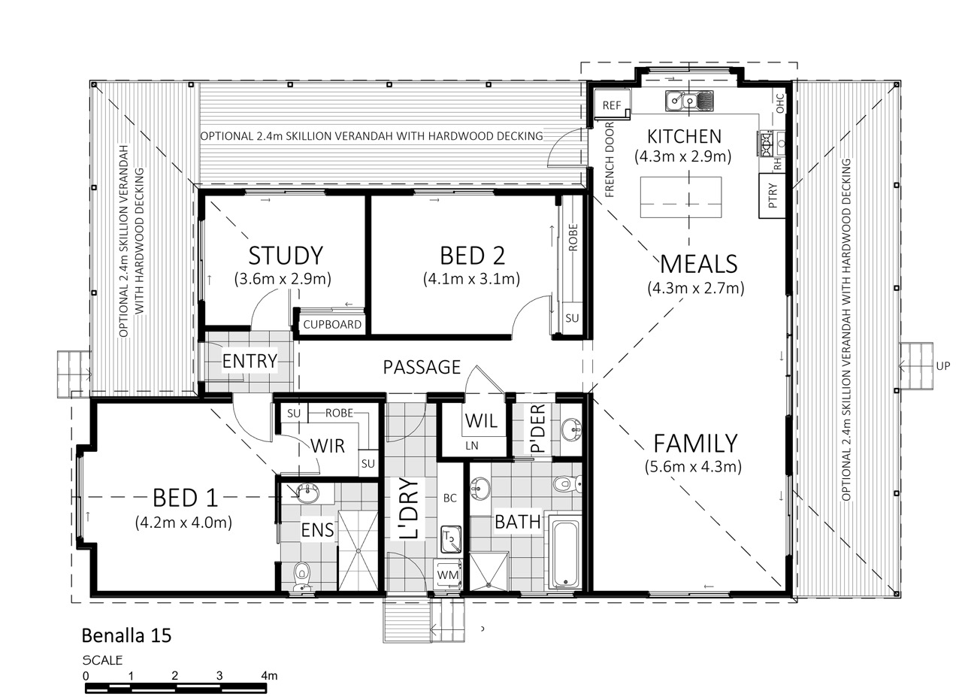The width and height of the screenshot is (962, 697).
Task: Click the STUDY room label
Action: coord(286,256)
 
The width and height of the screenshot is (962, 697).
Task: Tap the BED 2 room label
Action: coord(473,256)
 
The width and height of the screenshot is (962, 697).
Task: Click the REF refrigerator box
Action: coord(612,104)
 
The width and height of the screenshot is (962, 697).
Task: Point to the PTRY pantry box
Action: coord(772,195)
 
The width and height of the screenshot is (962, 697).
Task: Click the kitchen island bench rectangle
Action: coord(681,197)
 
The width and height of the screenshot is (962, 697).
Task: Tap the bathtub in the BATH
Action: coord(564,553)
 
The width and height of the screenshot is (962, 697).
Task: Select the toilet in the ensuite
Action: coord(302,577)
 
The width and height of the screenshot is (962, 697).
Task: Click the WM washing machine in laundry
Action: coord(448,574)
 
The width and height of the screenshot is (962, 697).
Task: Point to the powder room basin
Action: coord(571,429)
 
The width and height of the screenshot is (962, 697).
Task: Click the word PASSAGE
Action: coord(422,368)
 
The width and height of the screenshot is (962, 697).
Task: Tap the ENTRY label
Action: coord(250,361)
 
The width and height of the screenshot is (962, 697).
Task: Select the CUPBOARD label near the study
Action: coord(332,324)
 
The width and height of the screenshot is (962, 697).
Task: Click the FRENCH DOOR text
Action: coord(610,159)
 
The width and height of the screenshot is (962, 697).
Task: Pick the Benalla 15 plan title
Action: coord(127,636)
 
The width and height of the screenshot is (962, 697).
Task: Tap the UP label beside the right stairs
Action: coord(943,366)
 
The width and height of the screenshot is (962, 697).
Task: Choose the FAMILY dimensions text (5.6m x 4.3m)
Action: coord(693,467)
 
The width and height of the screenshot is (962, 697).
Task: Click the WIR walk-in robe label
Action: coord(328,446)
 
